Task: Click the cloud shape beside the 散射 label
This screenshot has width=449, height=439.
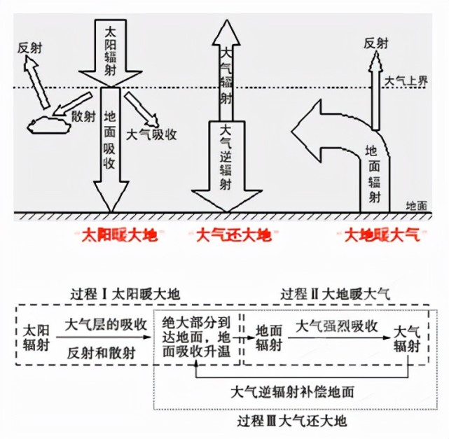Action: [x=48, y=125]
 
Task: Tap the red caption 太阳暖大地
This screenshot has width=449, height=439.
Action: [x=120, y=235]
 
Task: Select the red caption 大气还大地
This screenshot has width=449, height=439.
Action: [x=233, y=235]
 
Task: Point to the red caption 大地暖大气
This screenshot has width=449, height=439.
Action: [x=382, y=235]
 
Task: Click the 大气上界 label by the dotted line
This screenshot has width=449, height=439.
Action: [x=406, y=81]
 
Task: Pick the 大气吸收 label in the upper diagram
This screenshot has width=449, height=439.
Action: [x=151, y=134]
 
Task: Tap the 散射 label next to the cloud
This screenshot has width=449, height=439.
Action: [x=83, y=116]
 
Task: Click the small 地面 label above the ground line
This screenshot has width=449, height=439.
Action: [x=417, y=205]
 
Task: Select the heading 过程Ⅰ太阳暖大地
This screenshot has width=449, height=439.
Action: [x=125, y=294]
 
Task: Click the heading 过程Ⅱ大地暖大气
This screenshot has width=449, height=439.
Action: [x=336, y=294]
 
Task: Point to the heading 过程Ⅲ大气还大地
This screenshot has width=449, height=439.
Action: [x=292, y=421]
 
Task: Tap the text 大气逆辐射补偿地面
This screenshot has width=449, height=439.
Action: [x=292, y=392]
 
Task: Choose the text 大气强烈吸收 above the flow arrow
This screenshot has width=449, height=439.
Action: [x=336, y=326]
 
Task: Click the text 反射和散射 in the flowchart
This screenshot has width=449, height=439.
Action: [x=102, y=353]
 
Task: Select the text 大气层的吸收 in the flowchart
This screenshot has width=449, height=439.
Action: [x=106, y=325]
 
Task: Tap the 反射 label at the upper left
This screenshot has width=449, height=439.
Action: [x=29, y=48]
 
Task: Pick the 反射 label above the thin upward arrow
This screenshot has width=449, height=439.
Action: [x=375, y=44]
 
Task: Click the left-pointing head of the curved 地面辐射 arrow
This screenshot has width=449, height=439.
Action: [x=306, y=131]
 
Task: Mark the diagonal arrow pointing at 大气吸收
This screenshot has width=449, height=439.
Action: [x=141, y=109]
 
